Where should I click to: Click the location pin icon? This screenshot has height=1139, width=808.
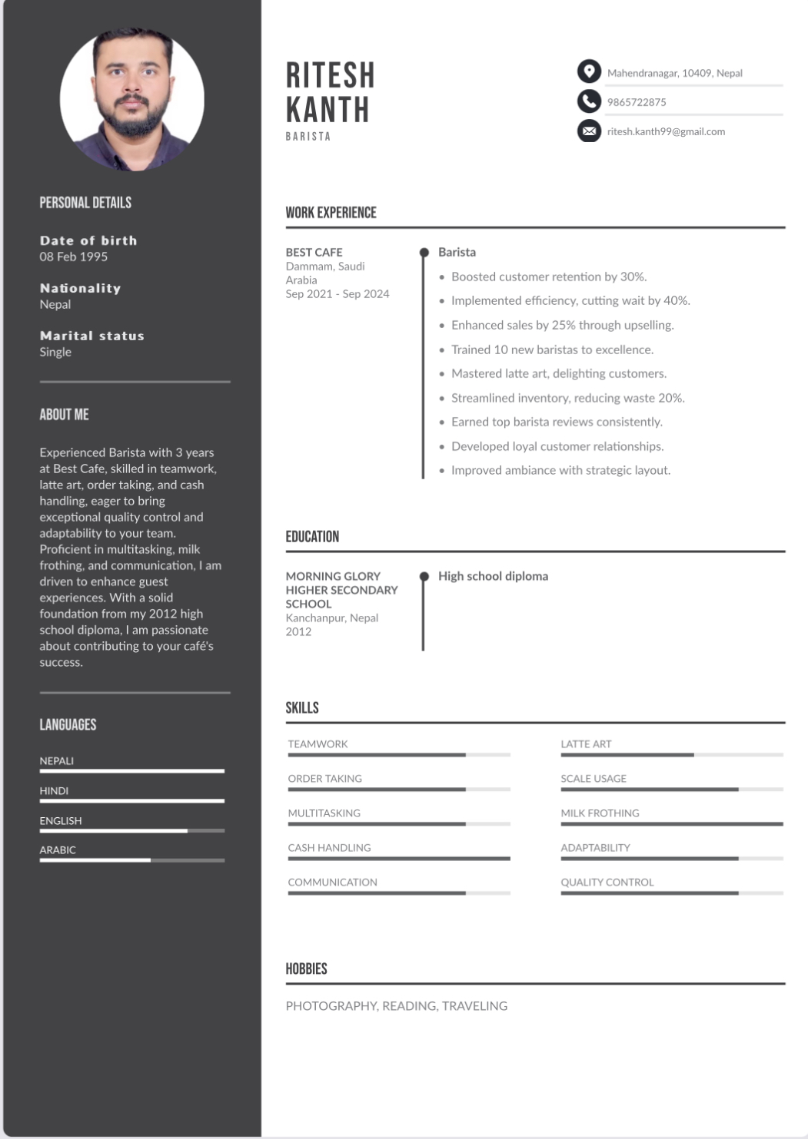tap(589, 71)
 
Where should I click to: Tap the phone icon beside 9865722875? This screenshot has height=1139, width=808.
tap(589, 101)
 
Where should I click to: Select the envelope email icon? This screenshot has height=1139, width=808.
tap(589, 131)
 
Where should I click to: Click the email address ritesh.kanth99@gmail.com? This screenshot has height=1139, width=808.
tap(666, 131)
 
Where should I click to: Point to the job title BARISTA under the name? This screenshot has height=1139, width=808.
tap(308, 137)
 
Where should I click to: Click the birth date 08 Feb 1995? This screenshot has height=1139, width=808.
tap(74, 257)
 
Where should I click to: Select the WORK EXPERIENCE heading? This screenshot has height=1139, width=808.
tap(331, 213)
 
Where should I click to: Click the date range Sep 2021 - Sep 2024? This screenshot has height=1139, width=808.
tap(337, 294)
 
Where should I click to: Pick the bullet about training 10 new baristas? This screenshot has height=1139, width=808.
tap(552, 349)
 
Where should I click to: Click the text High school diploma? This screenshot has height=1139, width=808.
tap(493, 576)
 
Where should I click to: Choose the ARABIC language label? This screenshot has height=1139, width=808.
tap(58, 850)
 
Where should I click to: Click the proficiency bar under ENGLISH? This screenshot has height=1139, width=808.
tap(132, 830)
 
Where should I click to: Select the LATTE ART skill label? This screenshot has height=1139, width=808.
tap(586, 744)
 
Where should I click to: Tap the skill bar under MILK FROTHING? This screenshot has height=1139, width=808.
tap(672, 824)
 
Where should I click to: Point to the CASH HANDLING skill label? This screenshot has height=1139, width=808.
tap(329, 848)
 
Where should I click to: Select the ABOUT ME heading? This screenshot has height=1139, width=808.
tap(65, 415)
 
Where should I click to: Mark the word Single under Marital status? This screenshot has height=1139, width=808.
tap(55, 352)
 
